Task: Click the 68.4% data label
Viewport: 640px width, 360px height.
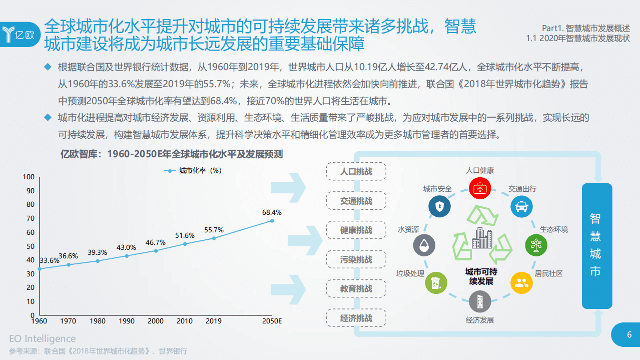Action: [x=272, y=212]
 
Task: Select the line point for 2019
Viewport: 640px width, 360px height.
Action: [x=214, y=238]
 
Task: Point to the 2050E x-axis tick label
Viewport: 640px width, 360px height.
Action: [x=272, y=321]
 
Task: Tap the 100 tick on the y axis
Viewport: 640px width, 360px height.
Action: [x=29, y=177]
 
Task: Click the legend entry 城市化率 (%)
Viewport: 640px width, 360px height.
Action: [x=193, y=170]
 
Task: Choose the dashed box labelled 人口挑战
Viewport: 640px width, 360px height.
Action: [x=356, y=172]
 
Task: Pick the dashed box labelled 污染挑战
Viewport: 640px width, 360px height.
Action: [x=356, y=260]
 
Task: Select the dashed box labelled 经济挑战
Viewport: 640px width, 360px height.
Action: [x=356, y=318]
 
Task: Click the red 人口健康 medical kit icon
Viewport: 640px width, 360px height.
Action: [x=479, y=188]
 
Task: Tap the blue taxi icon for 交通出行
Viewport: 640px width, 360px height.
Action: [x=521, y=206]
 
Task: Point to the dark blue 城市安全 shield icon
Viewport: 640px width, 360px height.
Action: [x=439, y=206]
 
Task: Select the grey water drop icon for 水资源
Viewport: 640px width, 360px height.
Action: [x=424, y=245]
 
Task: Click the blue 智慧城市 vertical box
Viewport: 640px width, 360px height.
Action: [x=596, y=245]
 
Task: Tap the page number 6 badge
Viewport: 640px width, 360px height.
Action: [x=629, y=335]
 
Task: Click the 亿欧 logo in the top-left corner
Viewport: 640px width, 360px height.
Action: [x=20, y=35]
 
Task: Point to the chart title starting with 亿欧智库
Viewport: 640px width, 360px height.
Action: [x=172, y=154]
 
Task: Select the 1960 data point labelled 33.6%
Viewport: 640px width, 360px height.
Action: [x=40, y=269]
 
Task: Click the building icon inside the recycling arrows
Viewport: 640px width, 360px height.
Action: [x=482, y=238]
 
